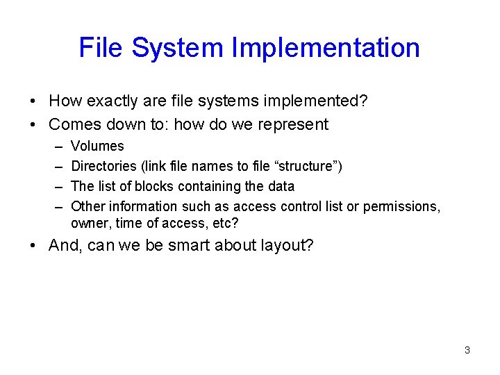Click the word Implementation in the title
[326, 48]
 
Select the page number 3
[467, 350]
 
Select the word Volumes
[97, 147]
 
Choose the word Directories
[103, 167]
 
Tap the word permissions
[400, 207]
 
